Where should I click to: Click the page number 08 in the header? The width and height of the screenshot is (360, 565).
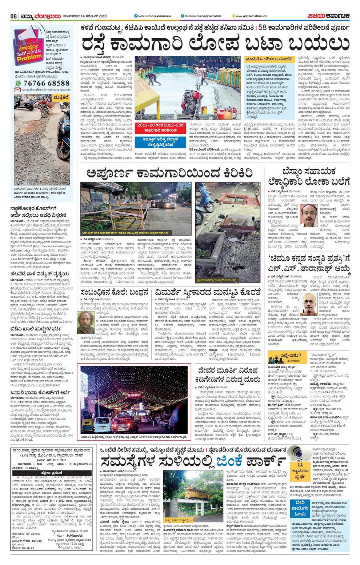pos(13,16)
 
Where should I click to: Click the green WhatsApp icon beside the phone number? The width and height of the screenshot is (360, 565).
pos(18,83)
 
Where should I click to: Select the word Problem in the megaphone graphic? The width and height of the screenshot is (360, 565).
pos(29,57)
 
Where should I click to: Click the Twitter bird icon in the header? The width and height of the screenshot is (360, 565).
pos(135,16)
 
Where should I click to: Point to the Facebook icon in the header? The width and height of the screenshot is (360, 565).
pos(183,16)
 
